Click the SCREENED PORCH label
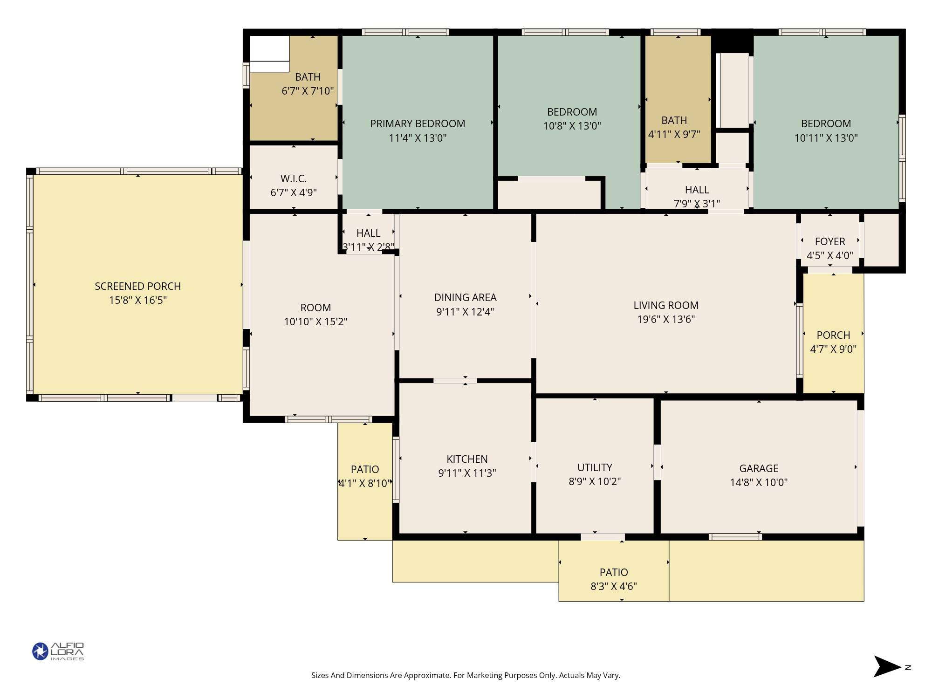tap(137, 286)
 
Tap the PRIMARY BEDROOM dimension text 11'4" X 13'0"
tap(418, 138)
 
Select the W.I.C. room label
tap(294, 178)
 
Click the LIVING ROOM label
tap(666, 305)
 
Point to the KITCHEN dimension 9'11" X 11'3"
tap(467, 473)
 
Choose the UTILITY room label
tap(595, 467)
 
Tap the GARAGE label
tap(759, 468)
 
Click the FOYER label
tap(830, 241)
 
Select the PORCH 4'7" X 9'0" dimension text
tap(833, 349)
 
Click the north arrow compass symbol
tap(888, 666)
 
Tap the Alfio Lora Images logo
tap(58, 651)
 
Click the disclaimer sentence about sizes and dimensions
tap(466, 675)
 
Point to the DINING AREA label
tap(465, 297)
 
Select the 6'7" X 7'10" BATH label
tap(308, 77)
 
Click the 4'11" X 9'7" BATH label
tap(674, 120)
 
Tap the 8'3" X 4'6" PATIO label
tap(614, 572)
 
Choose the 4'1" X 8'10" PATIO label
tap(365, 469)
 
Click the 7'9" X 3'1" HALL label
tap(697, 190)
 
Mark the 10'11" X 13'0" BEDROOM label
tap(826, 123)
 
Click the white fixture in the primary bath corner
tap(269, 53)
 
